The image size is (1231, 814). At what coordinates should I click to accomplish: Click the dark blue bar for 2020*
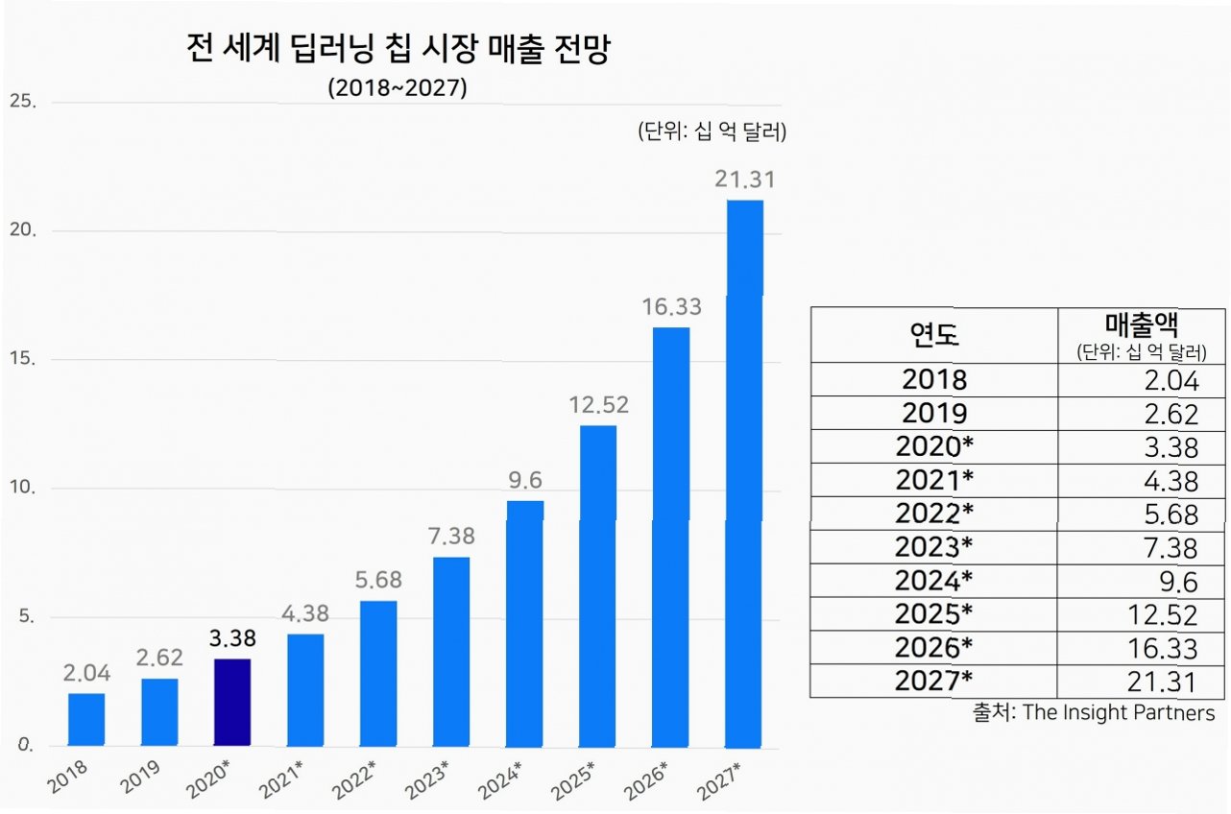[231, 702]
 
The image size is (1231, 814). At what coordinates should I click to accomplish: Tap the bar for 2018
[85, 719]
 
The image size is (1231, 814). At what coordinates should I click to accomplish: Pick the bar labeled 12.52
[597, 586]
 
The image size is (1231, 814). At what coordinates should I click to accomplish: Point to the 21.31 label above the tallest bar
[744, 180]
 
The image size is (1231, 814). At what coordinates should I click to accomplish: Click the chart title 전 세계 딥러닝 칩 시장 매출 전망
[398, 51]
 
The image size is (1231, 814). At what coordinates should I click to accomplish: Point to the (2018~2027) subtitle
[397, 88]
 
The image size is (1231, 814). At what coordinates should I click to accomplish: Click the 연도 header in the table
[933, 334]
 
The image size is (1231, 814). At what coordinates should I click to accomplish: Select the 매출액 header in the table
[1141, 324]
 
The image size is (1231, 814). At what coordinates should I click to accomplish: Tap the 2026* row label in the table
[933, 647]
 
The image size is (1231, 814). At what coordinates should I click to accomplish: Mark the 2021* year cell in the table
[933, 480]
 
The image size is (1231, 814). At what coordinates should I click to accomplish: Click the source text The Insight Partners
[1118, 712]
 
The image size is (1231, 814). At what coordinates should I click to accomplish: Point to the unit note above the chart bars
[712, 132]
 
